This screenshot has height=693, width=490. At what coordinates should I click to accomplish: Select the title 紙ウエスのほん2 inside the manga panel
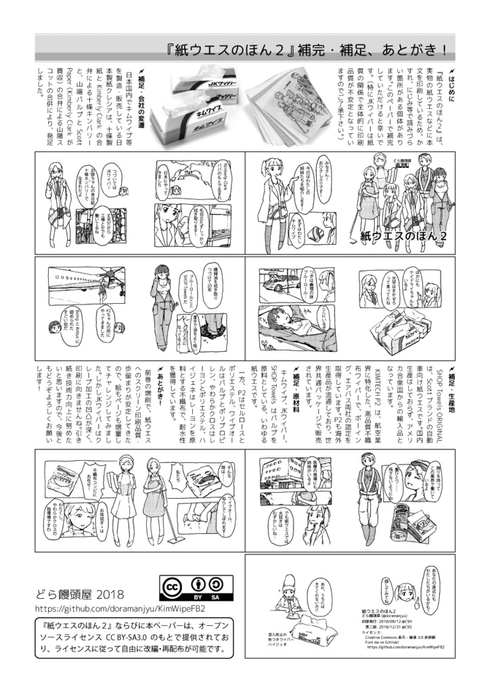(405, 235)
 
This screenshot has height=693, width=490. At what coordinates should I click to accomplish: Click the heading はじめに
(450, 84)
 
